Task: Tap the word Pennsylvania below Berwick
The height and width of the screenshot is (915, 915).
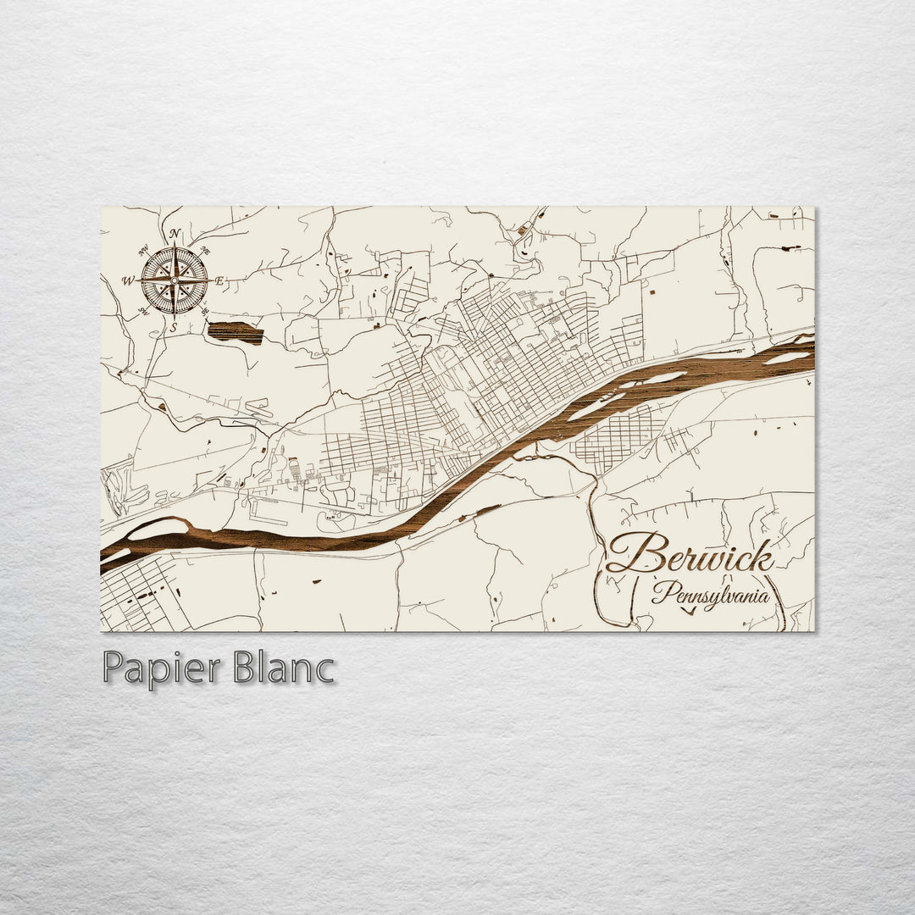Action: pos(710,592)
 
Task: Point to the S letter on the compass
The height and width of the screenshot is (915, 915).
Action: pos(174,327)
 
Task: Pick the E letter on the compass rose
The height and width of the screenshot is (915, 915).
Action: pos(219,280)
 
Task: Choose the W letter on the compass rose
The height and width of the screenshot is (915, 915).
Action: pos(128,280)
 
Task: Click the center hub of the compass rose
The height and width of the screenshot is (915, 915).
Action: pos(175,280)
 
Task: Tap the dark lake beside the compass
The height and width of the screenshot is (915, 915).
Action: pos(235,332)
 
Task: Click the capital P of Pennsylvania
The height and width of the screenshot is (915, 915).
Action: pos(662,591)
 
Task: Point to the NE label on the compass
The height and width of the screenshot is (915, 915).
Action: pos(205,250)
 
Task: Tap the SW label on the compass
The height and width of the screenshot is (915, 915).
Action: pos(143,311)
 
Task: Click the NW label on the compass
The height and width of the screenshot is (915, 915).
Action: pos(143,250)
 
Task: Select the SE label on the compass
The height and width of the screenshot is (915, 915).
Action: pos(205,311)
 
